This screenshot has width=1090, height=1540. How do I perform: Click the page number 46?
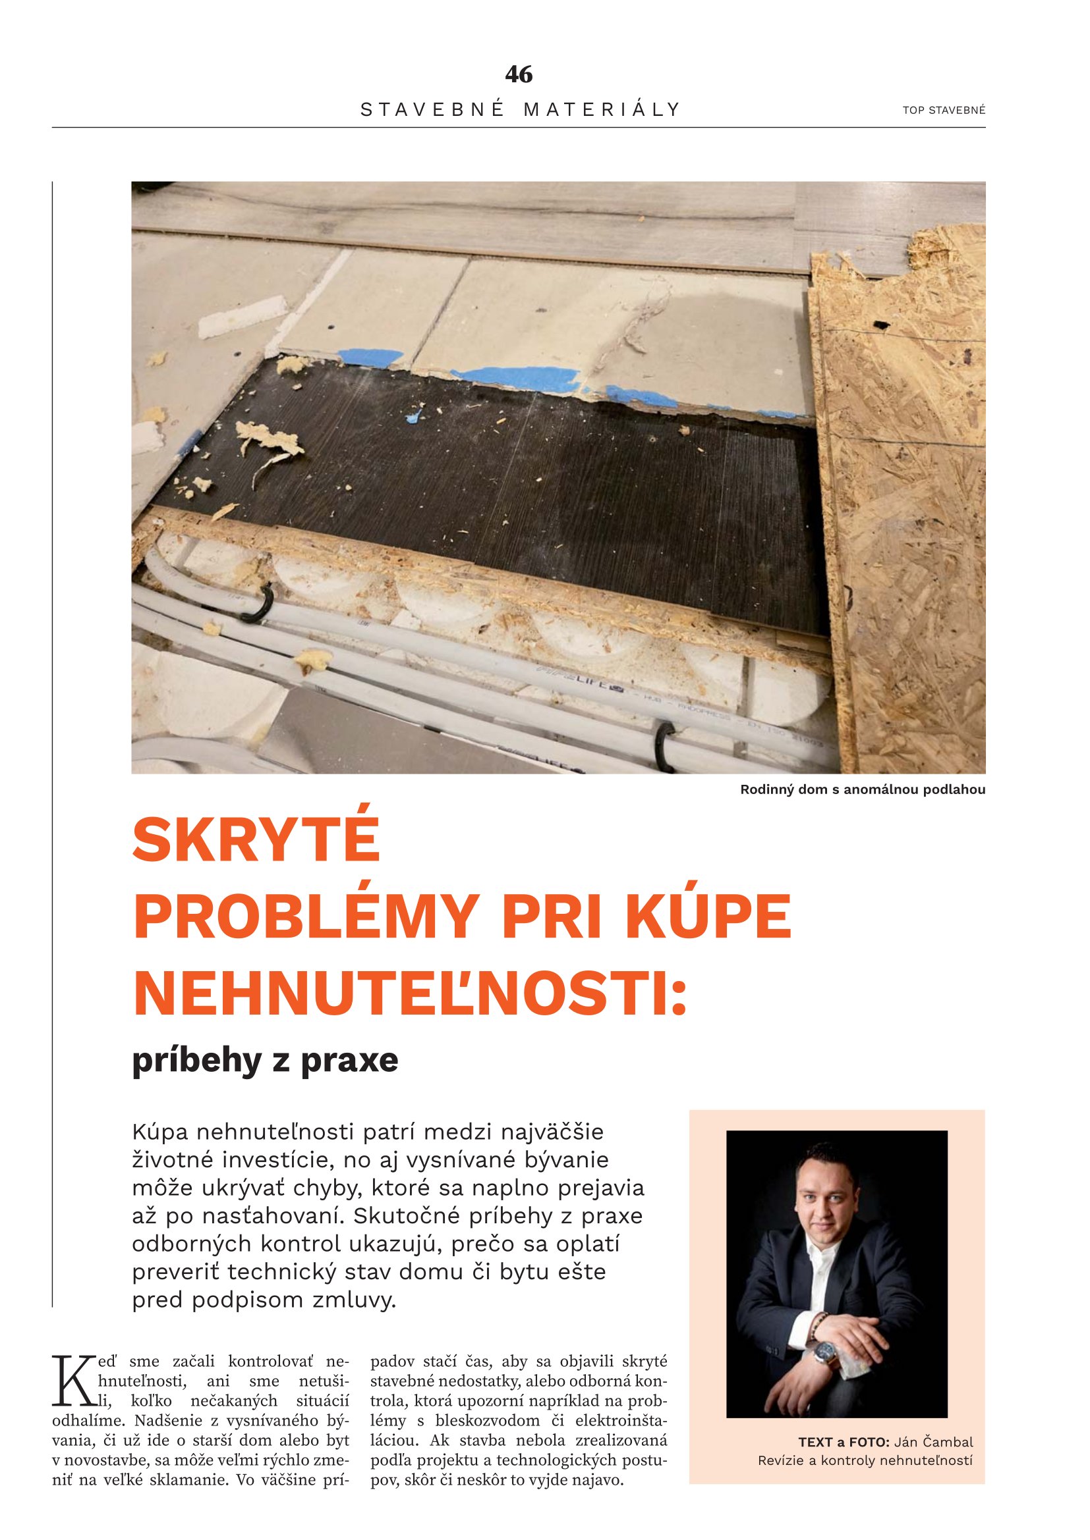[519, 74]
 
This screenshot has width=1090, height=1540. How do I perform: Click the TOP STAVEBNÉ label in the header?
[944, 111]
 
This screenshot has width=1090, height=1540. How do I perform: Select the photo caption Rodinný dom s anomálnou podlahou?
[863, 789]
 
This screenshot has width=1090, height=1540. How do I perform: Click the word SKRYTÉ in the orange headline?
[256, 840]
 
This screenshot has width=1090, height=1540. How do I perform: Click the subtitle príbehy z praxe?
[265, 1061]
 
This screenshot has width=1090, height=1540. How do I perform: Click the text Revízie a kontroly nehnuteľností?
[865, 1460]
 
